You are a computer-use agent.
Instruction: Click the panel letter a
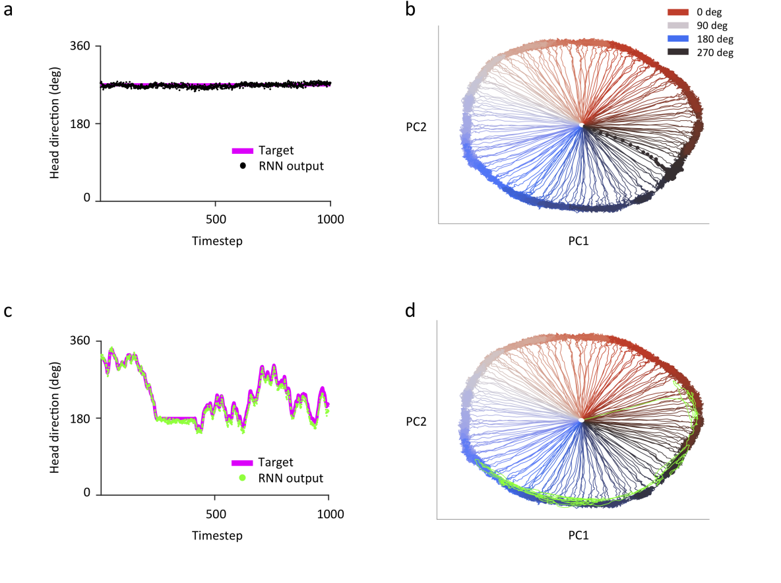[9, 13]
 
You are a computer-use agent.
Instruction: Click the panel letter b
[410, 13]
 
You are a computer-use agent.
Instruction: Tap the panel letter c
[9, 310]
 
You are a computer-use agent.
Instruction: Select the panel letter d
[410, 310]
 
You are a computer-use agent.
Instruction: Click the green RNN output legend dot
[243, 477]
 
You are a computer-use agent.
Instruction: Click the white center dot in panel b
[581, 125]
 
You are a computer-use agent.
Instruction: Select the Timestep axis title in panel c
[217, 535]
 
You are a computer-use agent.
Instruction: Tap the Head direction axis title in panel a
[55, 123]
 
